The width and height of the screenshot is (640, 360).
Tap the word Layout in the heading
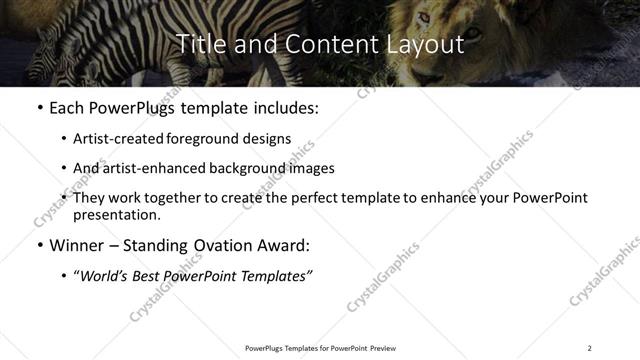(423, 44)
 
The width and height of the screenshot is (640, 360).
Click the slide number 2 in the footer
(589, 348)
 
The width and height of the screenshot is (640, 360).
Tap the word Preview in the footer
(384, 348)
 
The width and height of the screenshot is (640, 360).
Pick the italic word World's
(107, 276)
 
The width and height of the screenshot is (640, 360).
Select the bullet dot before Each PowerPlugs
(39, 106)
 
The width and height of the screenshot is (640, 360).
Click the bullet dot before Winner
(39, 245)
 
